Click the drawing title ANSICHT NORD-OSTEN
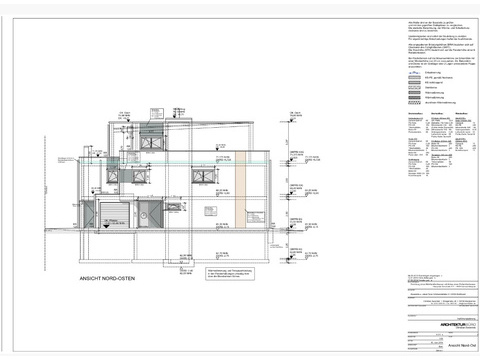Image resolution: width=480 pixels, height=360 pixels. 106,279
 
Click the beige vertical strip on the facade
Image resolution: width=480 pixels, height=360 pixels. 241,185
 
